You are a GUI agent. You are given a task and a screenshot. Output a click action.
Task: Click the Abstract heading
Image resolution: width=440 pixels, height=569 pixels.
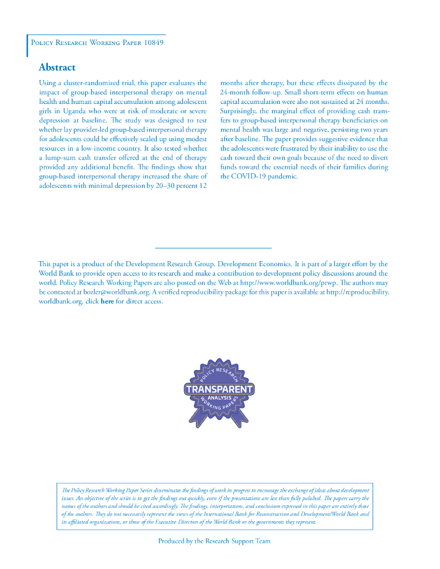pyautogui.click(x=57, y=67)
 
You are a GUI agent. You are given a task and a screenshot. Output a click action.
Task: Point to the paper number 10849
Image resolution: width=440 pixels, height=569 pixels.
pyautogui.click(x=152, y=43)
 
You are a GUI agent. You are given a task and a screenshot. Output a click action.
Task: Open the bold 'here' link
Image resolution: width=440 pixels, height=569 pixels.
pyautogui.click(x=107, y=301)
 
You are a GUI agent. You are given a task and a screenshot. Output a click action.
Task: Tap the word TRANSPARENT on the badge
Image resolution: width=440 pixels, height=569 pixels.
pyautogui.click(x=219, y=390)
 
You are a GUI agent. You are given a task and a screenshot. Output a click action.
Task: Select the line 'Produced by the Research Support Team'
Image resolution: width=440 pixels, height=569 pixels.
pyautogui.click(x=214, y=541)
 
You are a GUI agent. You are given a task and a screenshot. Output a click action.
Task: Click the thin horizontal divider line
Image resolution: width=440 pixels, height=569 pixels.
pyautogui.click(x=212, y=248)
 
